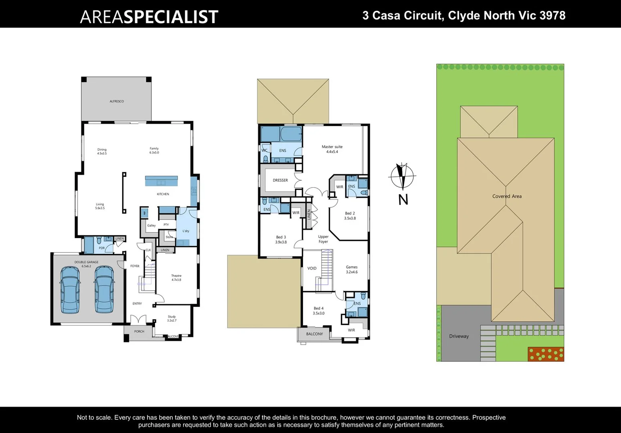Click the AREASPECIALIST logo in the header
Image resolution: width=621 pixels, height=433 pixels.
click(149, 17)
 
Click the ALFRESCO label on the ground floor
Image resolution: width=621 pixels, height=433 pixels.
click(117, 101)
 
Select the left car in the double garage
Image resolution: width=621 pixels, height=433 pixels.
click(70, 289)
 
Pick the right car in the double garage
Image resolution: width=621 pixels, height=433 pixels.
click(104, 289)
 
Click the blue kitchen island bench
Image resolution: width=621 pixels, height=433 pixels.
click(161, 181)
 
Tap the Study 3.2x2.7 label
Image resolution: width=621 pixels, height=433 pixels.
click(172, 318)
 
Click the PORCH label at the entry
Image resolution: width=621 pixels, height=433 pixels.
click(139, 332)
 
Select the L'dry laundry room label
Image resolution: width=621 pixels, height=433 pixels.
click(186, 231)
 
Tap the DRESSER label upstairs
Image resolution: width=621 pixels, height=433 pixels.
click(280, 180)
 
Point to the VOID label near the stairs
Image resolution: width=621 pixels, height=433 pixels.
click(312, 268)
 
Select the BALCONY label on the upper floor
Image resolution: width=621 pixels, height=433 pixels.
click(315, 334)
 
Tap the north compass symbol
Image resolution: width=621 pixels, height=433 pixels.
click(402, 176)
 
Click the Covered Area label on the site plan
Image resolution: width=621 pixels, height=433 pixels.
click(507, 196)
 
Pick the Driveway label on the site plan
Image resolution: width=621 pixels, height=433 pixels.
click(459, 336)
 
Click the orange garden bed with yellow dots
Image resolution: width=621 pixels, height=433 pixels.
click(546, 354)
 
